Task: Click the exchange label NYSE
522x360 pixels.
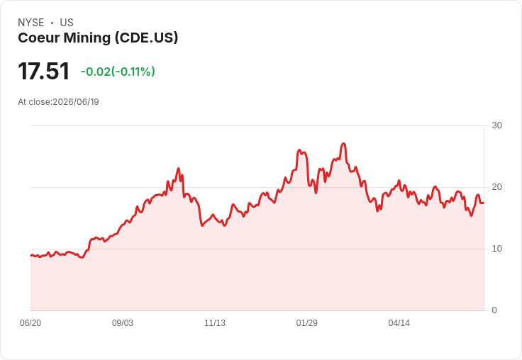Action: tap(31, 23)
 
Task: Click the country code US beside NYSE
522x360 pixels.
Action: tap(67, 23)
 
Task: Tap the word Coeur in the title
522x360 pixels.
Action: tap(38, 38)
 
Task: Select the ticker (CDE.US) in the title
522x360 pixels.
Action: tap(147, 38)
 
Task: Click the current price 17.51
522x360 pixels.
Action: tap(43, 71)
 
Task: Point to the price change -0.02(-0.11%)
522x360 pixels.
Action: tap(118, 72)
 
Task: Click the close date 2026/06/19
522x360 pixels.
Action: tap(76, 102)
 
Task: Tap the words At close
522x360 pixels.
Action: tap(34, 102)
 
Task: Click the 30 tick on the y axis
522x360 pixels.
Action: tap(496, 125)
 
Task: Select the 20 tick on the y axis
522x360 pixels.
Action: tap(496, 187)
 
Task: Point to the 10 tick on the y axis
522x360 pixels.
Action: tap(496, 249)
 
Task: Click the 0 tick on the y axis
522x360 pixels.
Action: tap(494, 310)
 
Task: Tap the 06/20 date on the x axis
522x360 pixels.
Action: tap(30, 323)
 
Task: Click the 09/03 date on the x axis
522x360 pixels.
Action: tap(123, 323)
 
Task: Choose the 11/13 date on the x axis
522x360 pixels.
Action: tap(215, 323)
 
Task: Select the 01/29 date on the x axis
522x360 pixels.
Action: tap(306, 323)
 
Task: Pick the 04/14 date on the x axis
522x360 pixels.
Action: tap(399, 323)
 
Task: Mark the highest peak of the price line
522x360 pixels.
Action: tap(343, 144)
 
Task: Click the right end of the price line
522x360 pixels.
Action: tap(484, 203)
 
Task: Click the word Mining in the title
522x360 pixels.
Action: tap(87, 38)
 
